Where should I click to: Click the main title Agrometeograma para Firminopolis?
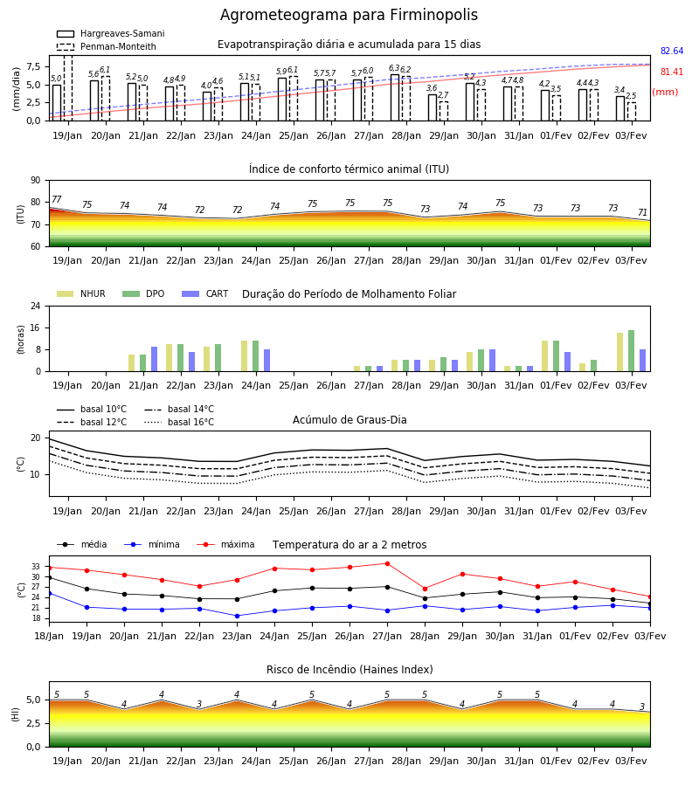tap(349, 15)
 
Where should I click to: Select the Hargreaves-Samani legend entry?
tap(110, 33)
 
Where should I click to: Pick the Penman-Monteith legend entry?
tap(107, 46)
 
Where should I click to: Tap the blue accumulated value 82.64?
tap(672, 52)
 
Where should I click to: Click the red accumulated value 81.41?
tap(672, 72)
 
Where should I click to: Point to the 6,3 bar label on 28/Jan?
tap(394, 68)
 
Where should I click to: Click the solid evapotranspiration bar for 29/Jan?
tap(433, 107)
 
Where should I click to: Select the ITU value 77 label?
tap(56, 199)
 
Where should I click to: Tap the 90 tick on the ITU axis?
tap(35, 181)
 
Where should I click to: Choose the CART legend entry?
tap(205, 293)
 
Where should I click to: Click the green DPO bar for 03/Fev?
tap(632, 351)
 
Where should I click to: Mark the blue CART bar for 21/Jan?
tap(154, 359)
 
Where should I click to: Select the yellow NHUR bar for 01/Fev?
tap(544, 356)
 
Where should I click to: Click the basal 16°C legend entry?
tap(179, 422)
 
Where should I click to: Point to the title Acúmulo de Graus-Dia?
tap(349, 420)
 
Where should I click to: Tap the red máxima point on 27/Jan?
tap(387, 563)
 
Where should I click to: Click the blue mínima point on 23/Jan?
tap(237, 616)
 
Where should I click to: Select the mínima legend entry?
tap(152, 544)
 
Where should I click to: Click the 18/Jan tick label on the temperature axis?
tap(49, 636)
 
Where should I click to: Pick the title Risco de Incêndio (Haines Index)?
tap(349, 670)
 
